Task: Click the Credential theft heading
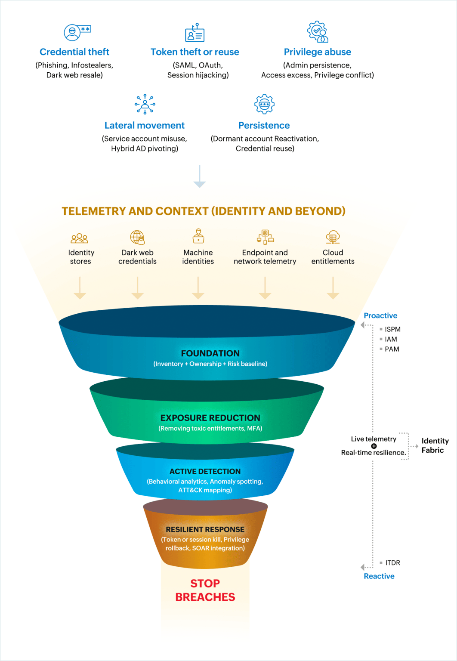(74, 52)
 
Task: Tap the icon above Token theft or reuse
(195, 33)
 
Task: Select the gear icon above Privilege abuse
(318, 32)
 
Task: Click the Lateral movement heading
(145, 126)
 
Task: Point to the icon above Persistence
(264, 104)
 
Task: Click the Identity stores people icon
(80, 238)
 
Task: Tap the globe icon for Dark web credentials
(138, 237)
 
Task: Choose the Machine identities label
(198, 257)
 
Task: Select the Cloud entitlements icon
(333, 237)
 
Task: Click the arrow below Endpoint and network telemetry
(265, 288)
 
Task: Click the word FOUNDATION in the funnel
(210, 353)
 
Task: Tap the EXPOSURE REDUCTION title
(210, 418)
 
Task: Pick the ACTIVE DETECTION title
(205, 472)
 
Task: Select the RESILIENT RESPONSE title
(205, 529)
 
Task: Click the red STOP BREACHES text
(205, 590)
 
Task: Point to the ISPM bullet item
(392, 329)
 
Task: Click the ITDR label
(392, 563)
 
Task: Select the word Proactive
(380, 316)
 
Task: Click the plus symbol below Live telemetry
(374, 446)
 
